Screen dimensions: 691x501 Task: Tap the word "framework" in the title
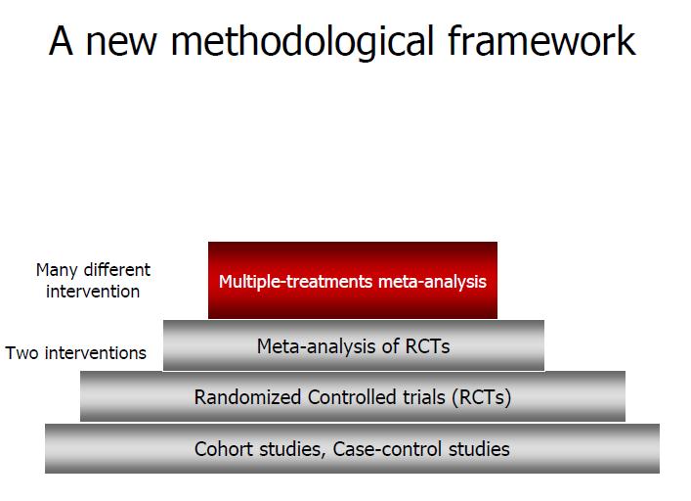[541, 40]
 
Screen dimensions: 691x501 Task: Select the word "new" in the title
[121, 45]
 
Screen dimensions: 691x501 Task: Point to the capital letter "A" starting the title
[61, 40]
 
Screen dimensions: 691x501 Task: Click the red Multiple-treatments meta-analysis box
[353, 280]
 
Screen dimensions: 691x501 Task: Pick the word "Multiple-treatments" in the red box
[296, 282]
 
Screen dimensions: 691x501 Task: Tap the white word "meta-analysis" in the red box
[432, 282]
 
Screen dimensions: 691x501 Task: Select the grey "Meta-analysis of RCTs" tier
[354, 345]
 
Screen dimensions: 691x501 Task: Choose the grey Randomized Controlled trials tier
[353, 396]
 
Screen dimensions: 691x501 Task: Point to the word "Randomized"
[247, 397]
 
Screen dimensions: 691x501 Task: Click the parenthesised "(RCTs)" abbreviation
[481, 397]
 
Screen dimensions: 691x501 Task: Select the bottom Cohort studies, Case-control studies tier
[352, 448]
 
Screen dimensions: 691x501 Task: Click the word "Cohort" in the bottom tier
[224, 449]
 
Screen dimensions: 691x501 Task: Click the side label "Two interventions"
[76, 353]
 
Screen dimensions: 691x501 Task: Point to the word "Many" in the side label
[57, 270]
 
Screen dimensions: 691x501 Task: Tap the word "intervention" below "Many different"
[93, 292]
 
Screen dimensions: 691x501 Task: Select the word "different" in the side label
[117, 269]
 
